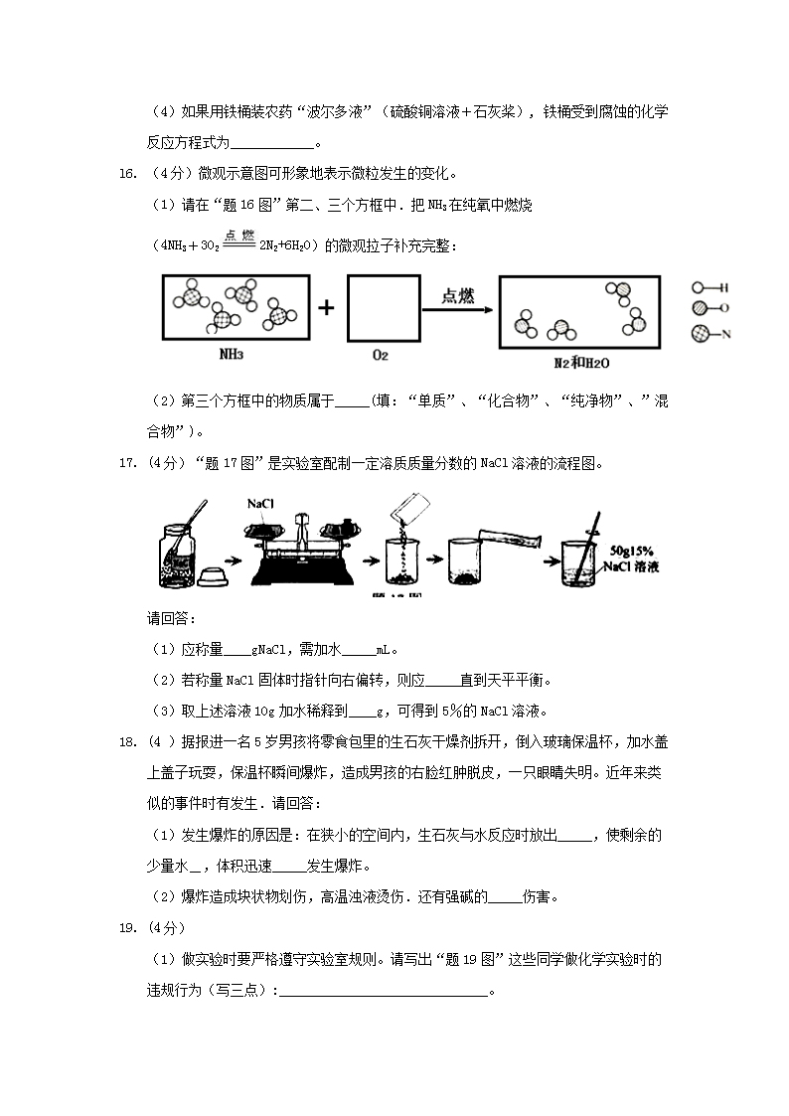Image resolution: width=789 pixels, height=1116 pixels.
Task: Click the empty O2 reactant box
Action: pos(380,309)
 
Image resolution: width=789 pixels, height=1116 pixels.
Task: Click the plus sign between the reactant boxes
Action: pos(326,308)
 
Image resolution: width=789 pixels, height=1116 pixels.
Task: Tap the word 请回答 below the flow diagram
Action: pos(171,618)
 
